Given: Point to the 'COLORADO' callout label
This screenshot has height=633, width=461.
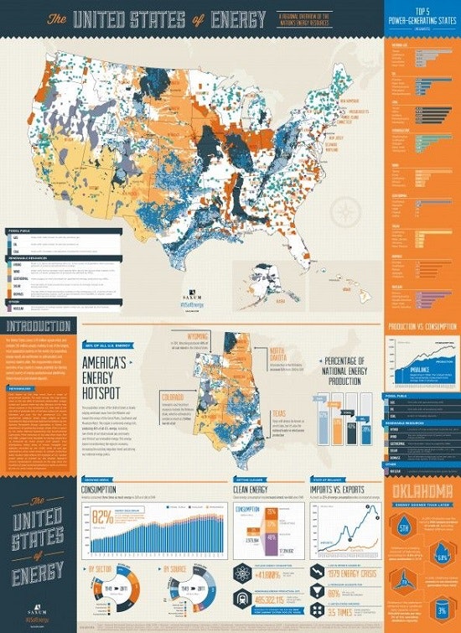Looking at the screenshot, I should pos(175,392).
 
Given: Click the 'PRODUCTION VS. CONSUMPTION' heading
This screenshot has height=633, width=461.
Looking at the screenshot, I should pos(422,325).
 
